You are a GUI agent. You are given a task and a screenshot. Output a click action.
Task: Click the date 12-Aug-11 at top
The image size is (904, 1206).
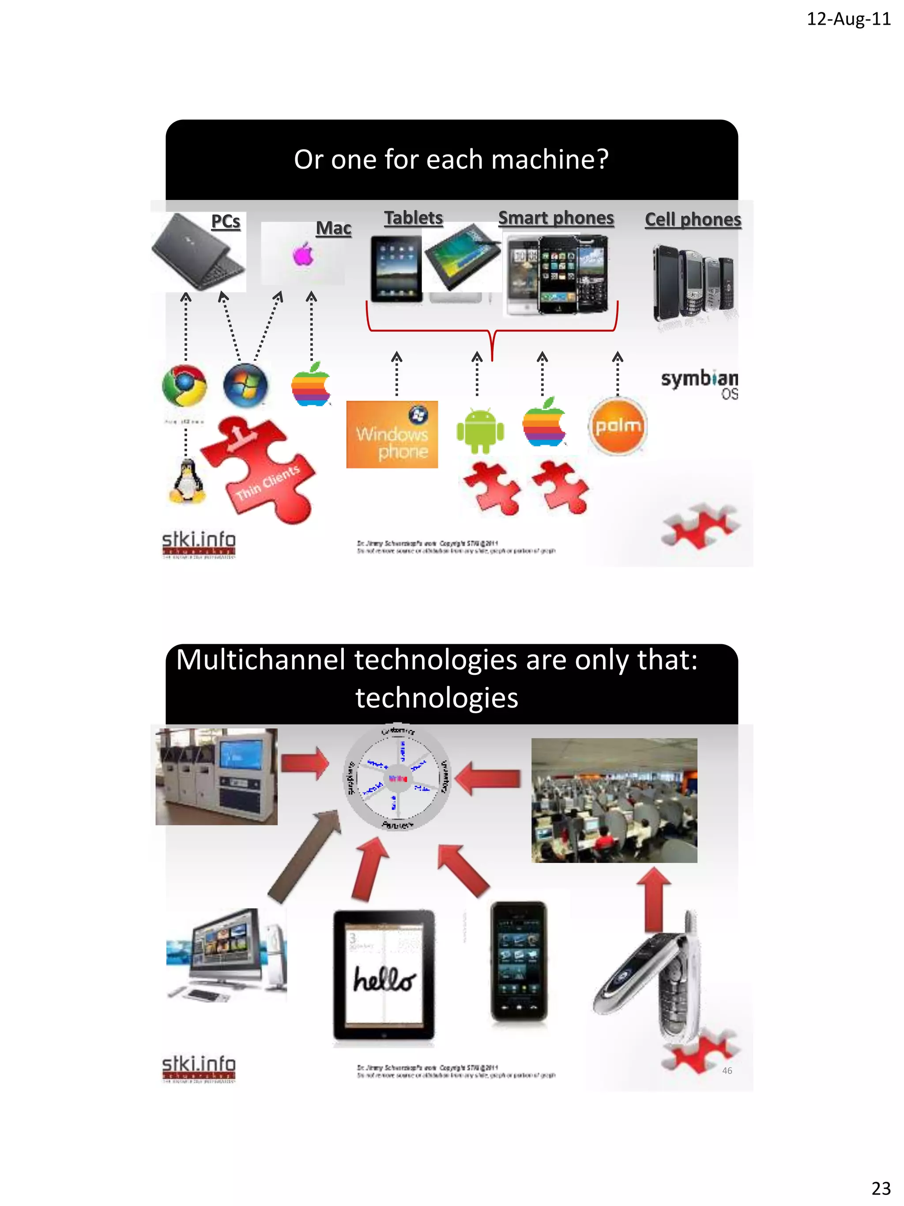pos(848,19)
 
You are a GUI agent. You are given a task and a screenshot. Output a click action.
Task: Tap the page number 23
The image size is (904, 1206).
pos(881,1187)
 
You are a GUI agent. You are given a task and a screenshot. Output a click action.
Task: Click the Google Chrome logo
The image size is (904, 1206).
pos(185,386)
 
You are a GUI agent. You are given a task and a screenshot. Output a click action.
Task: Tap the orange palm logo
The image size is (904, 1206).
pos(618,426)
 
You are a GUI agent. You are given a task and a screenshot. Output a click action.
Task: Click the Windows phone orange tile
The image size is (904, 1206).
pos(392,435)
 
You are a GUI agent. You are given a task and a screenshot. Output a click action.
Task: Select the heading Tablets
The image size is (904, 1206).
pos(413,218)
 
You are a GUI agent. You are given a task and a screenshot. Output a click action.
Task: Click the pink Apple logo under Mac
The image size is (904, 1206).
pos(303,254)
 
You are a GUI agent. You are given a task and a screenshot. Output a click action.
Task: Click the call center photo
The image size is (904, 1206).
pos(614,800)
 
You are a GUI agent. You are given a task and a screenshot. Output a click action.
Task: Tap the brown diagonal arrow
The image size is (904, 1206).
pos(304,855)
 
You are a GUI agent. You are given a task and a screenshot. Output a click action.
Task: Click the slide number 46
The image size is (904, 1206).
pos(727,1070)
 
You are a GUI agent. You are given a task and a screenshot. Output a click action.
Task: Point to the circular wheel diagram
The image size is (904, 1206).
pos(397,778)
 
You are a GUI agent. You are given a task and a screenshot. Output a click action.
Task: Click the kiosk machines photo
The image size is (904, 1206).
pos(216,776)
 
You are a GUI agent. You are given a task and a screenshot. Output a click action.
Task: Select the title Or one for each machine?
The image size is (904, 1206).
pos(451,160)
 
